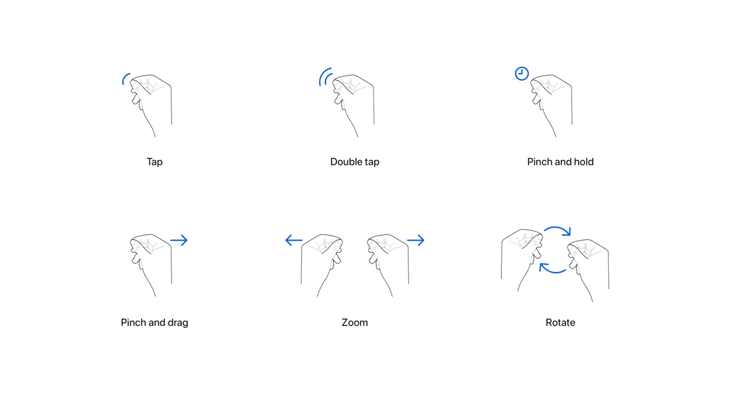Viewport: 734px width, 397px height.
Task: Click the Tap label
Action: [x=154, y=162]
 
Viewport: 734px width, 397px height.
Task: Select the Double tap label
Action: [x=354, y=162]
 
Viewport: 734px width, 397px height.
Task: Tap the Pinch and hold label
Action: [x=561, y=162]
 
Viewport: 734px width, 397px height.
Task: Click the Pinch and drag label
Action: [x=154, y=323]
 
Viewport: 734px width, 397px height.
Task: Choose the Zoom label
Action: [x=354, y=323]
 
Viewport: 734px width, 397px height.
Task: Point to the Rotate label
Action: [x=561, y=323]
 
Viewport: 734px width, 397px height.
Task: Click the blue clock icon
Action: [x=522, y=74]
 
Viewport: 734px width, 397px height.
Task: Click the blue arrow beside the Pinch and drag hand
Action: [x=179, y=240]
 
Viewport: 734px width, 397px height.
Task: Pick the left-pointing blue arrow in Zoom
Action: [x=294, y=240]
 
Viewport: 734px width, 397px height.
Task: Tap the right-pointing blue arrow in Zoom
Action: [x=416, y=240]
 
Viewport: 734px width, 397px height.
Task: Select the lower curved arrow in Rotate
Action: [x=552, y=272]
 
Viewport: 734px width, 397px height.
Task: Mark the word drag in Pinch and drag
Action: [x=178, y=323]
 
